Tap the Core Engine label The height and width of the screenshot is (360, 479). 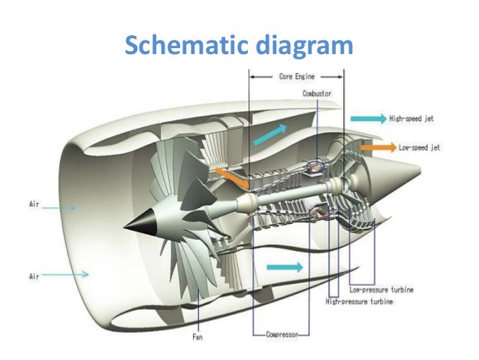pos(297,76)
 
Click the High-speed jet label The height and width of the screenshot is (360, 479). pos(411,119)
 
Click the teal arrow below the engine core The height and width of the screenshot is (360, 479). pos(286,266)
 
